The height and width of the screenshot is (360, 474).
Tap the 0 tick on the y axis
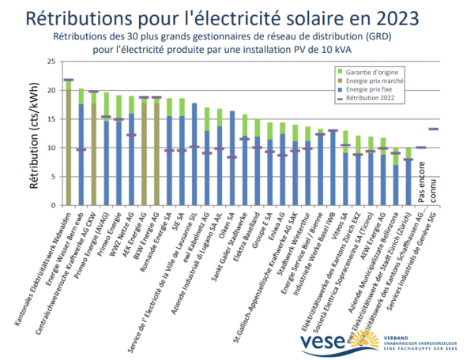click(x=52, y=204)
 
